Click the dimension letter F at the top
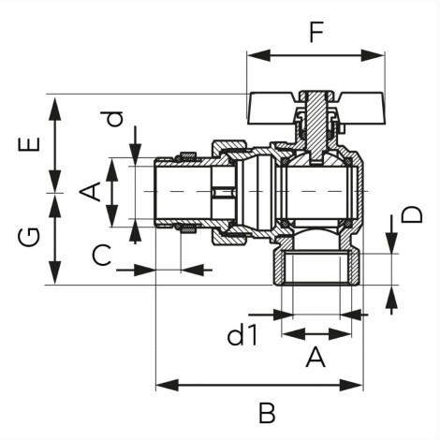point(316,32)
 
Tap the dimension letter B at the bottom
point(267,413)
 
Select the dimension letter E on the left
point(30,144)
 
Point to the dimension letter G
point(29,237)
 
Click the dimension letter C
point(102,255)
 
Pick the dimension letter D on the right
point(412,214)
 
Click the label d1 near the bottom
point(242,335)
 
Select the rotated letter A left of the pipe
point(91,192)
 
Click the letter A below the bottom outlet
point(315,358)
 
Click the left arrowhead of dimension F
point(258,55)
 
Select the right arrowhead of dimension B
point(351,385)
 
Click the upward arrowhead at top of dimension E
point(55,109)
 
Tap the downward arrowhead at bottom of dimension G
point(55,273)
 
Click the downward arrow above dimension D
point(391,234)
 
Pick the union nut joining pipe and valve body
point(230,193)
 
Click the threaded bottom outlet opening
point(316,269)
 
